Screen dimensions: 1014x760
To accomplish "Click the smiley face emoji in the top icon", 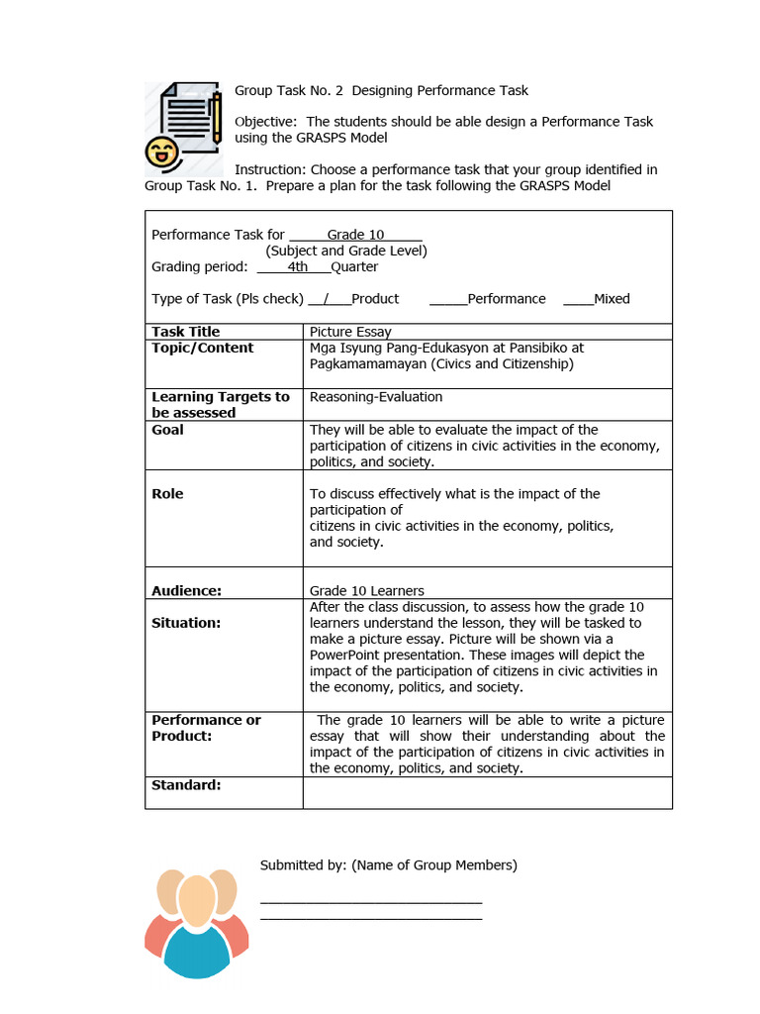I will coord(158,152).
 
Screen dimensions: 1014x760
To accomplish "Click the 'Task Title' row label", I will coord(186,332).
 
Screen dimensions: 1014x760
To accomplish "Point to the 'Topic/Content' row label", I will coord(202,349).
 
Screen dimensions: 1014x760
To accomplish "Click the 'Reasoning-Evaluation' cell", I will coord(376,397).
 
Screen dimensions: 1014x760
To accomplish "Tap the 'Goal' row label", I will coord(167,430).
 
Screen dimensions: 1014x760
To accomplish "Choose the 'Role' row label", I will coord(167,494).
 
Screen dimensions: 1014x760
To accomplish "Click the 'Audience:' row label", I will coord(186,591).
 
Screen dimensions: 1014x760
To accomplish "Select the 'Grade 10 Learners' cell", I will coord(367,591).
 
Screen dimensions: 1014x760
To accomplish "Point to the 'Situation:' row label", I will coord(186,623).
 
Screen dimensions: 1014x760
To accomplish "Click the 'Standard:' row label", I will coord(186,785).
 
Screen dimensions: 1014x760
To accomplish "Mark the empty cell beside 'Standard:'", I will coord(487,793).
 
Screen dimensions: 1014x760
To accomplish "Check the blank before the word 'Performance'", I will coord(448,299).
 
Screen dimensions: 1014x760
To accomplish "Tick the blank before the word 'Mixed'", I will coord(578,299).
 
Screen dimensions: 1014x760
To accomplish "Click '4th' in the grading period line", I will coord(297,266).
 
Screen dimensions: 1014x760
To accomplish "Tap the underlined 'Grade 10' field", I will coord(355,235).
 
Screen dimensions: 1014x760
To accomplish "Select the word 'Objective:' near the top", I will coord(264,122).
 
